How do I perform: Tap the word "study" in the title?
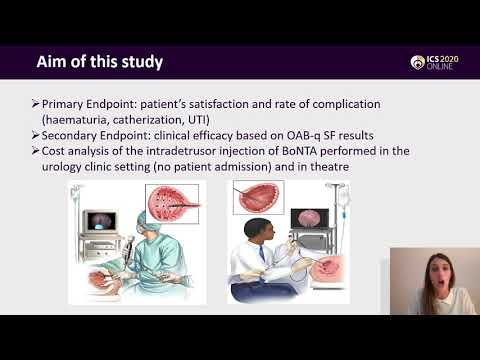(140, 62)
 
